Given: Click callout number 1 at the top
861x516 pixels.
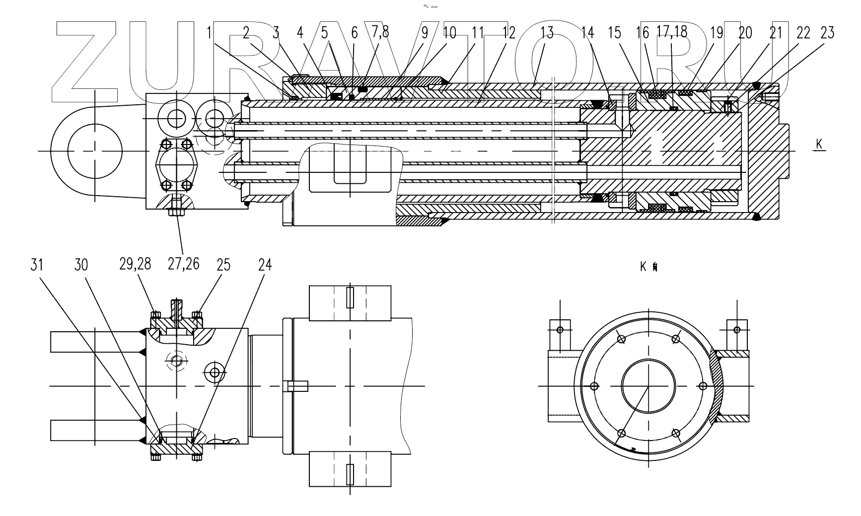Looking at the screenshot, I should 210,33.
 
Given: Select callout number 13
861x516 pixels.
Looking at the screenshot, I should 546,33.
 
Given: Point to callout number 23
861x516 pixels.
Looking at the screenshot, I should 827,33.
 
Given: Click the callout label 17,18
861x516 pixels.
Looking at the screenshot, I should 671,32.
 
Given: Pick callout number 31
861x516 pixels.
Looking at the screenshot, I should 37,265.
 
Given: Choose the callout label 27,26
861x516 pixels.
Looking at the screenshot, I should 183,264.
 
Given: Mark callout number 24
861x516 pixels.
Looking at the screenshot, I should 265,265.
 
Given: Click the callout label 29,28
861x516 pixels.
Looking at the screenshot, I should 135,264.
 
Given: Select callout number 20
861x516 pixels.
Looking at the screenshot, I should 745,33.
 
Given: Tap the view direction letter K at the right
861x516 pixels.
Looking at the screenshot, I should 819,144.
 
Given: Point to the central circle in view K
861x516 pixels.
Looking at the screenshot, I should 648,386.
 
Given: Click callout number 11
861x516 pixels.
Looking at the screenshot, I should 477,33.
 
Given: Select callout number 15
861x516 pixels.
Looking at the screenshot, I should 614,33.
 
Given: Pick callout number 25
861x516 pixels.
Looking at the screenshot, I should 223,265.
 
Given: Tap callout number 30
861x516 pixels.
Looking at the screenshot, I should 81,265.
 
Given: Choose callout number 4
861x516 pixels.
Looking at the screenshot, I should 299,33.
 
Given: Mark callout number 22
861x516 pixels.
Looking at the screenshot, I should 802,33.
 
